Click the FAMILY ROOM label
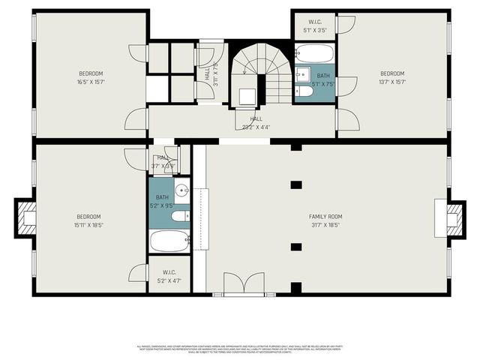(325, 217)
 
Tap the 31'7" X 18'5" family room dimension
(325, 224)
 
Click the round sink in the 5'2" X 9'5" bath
(182, 188)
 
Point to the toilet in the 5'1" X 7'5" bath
(302, 74)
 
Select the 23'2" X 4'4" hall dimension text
(256, 127)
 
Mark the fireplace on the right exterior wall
(454, 217)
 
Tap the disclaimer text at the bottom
(240, 349)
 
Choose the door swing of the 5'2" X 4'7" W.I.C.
(139, 273)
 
